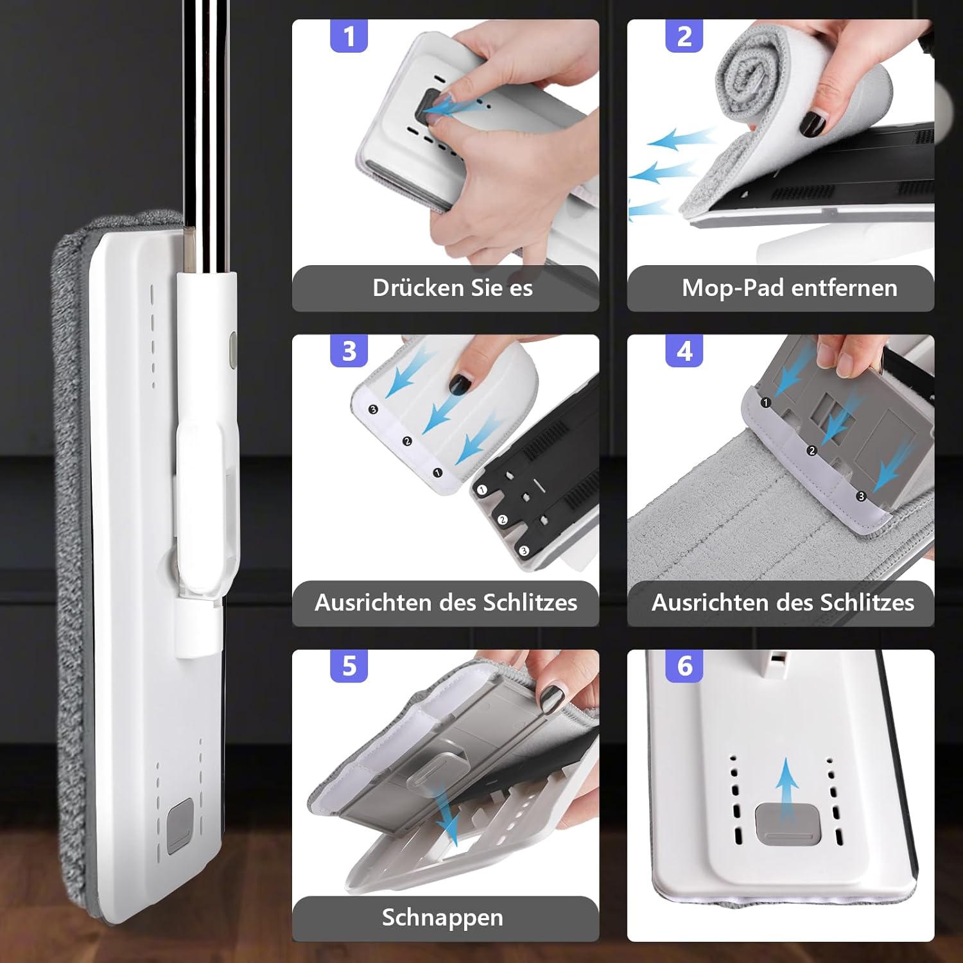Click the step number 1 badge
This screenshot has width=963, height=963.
tap(349, 36)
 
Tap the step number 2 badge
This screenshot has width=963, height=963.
tap(684, 36)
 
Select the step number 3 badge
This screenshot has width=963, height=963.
tap(349, 351)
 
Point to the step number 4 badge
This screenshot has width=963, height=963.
tap(684, 351)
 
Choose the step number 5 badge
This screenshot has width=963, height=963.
tap(349, 666)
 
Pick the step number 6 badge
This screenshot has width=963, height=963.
tap(684, 666)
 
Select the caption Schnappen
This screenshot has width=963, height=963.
tap(442, 918)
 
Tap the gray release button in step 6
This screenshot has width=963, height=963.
tap(788, 823)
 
